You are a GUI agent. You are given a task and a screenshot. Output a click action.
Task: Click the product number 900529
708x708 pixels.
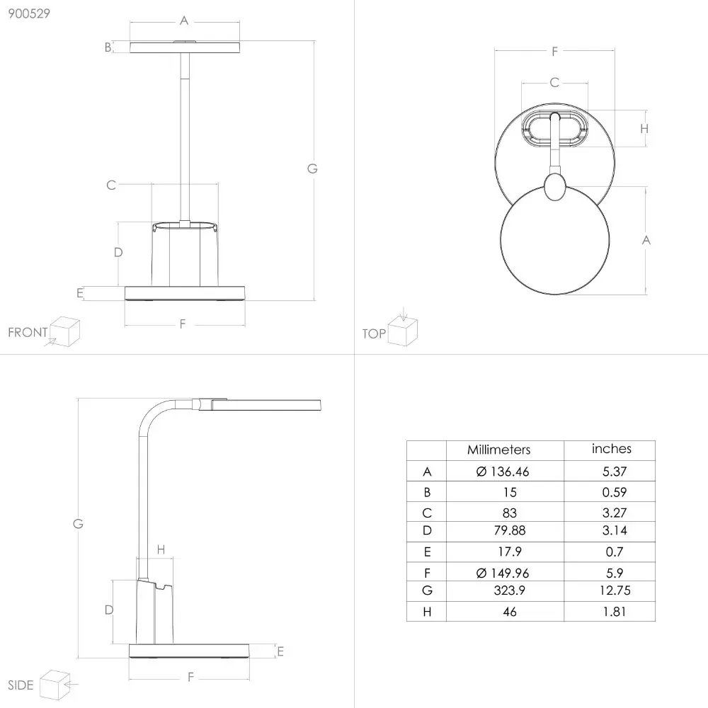click(29, 13)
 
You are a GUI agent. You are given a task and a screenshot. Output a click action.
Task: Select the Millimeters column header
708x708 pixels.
click(498, 450)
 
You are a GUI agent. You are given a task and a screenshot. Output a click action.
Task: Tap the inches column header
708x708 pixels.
click(612, 448)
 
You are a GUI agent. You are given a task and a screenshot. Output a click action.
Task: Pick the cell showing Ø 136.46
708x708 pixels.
click(503, 472)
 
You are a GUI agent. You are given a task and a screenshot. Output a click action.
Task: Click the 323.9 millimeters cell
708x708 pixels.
click(509, 590)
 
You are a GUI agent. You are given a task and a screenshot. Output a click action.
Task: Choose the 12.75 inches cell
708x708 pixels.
click(615, 590)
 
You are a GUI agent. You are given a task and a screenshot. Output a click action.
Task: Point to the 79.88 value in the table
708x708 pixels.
click(509, 530)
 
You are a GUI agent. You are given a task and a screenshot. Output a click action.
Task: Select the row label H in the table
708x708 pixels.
click(427, 612)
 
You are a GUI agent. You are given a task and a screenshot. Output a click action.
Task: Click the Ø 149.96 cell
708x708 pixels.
click(503, 573)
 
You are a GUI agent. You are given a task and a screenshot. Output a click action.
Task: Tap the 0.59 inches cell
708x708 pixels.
click(615, 492)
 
